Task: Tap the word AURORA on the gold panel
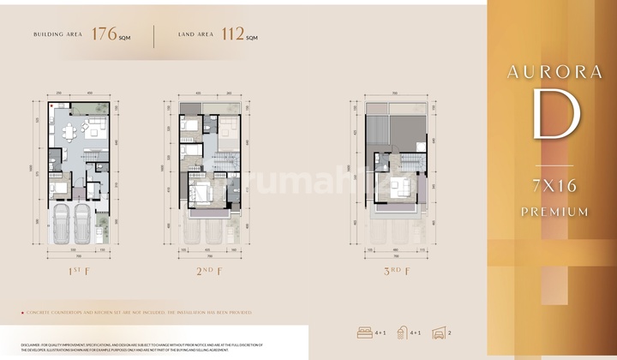coord(555,72)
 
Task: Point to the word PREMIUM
coord(555,211)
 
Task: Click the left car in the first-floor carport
coord(62,225)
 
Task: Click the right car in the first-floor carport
coord(81,225)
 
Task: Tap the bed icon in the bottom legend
coord(364,333)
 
